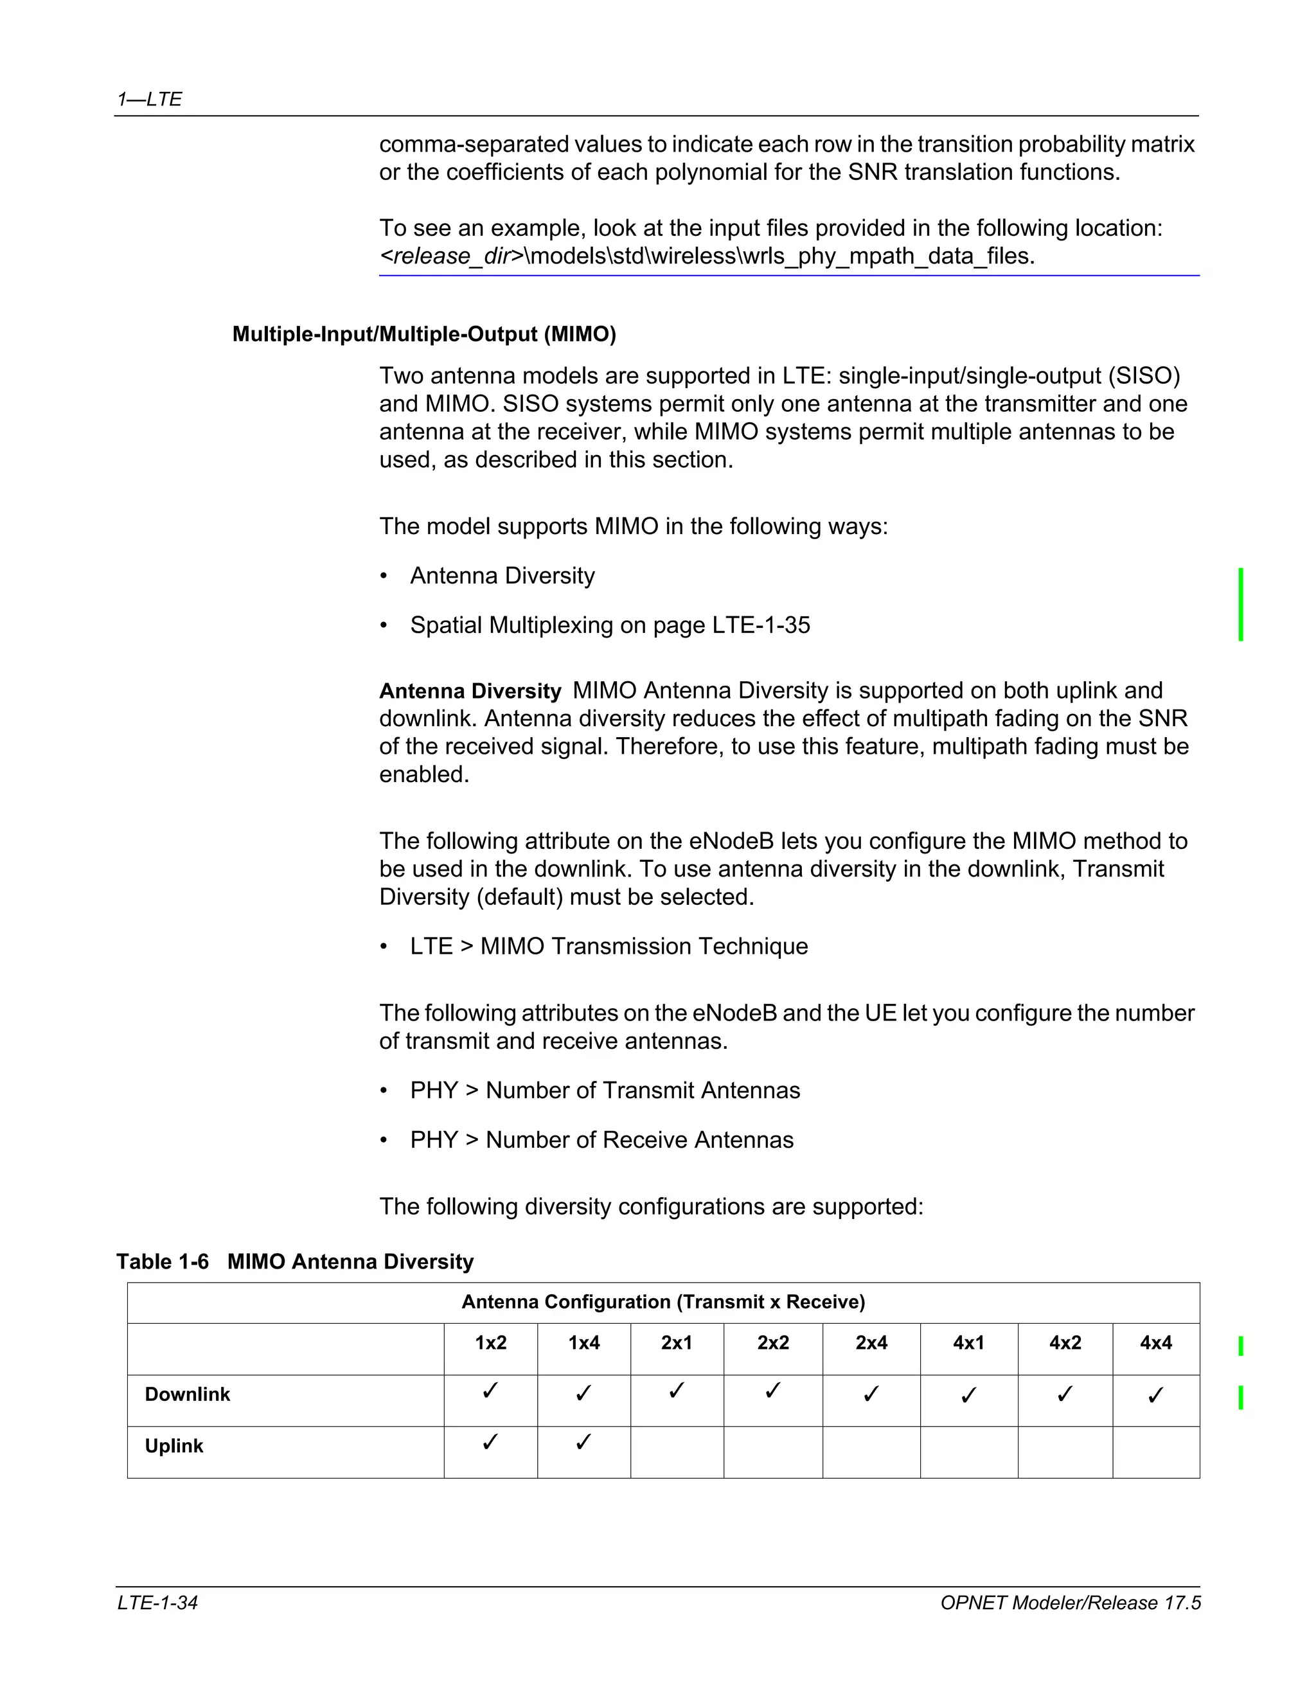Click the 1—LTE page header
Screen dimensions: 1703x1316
(x=149, y=99)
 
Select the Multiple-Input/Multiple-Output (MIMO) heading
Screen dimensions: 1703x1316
(x=423, y=335)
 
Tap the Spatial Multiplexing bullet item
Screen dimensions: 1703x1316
(x=610, y=625)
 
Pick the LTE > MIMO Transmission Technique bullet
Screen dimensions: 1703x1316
(x=608, y=946)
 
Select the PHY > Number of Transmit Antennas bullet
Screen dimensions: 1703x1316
(x=604, y=1090)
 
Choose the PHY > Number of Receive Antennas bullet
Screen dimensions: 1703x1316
(x=601, y=1140)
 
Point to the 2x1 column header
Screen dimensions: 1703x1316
(x=676, y=1342)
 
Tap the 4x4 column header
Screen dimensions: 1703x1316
(x=1155, y=1342)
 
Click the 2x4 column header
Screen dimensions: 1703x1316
(x=871, y=1342)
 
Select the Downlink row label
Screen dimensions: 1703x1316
(x=187, y=1395)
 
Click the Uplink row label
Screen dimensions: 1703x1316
(x=174, y=1446)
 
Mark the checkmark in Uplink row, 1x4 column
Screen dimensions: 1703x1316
(x=583, y=1443)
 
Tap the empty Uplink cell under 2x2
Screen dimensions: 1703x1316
(x=772, y=1451)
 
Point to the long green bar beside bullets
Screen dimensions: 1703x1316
(x=1240, y=604)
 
